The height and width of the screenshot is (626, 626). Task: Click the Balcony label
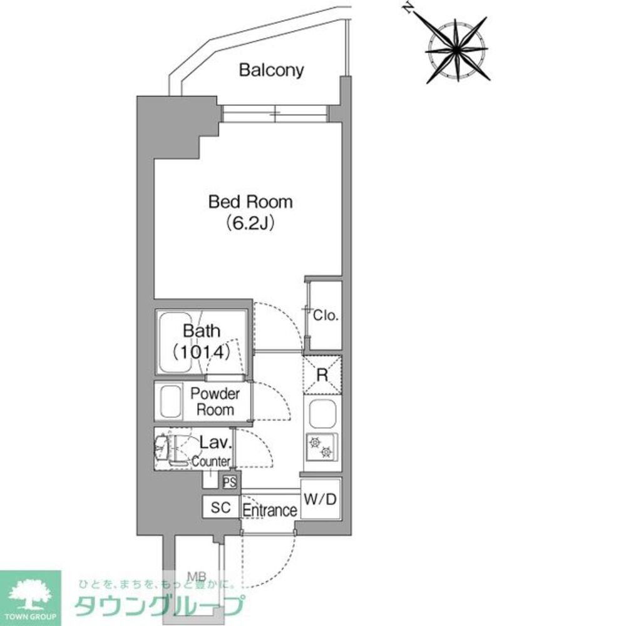[x=271, y=70]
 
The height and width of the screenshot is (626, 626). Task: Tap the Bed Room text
[x=250, y=202]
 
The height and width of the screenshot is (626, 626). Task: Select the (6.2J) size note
[x=250, y=223]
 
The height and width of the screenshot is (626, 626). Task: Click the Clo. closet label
[x=326, y=316]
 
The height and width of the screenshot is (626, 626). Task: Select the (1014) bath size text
[x=202, y=352]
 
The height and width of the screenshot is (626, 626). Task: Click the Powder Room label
[x=215, y=402]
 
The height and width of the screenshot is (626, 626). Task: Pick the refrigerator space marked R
[x=322, y=376]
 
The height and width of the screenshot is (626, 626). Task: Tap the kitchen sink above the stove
[x=322, y=413]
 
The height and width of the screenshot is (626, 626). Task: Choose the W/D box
[x=321, y=499]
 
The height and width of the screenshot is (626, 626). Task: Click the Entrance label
[x=269, y=510]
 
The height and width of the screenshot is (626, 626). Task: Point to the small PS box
[x=230, y=482]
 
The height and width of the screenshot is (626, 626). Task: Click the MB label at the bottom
[x=199, y=573]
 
